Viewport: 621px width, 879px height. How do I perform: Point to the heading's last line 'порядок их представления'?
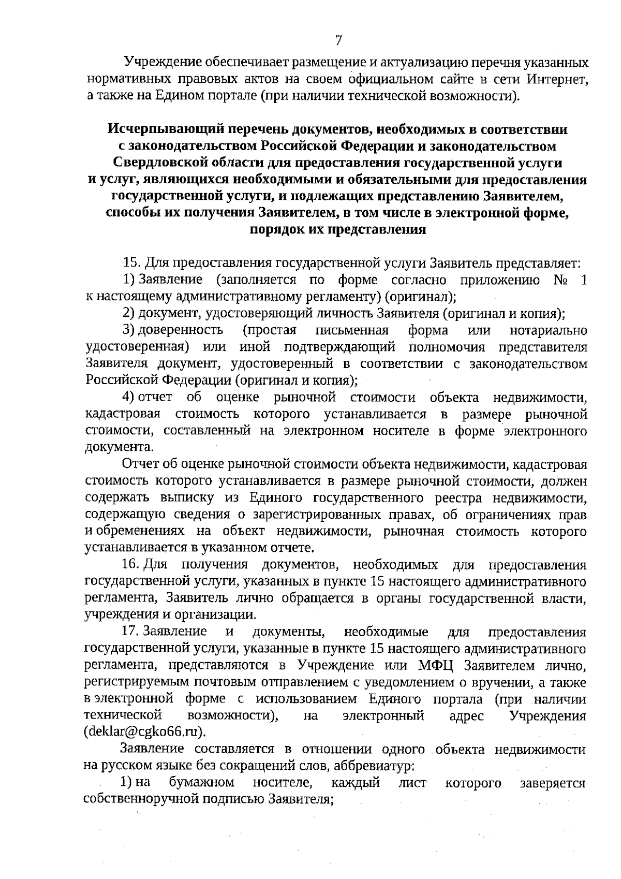click(x=337, y=230)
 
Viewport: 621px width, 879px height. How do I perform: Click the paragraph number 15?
click(x=129, y=263)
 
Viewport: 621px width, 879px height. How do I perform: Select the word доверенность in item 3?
click(x=181, y=330)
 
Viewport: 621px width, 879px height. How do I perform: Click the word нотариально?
click(x=549, y=330)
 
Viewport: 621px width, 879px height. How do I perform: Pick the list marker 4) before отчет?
click(x=129, y=398)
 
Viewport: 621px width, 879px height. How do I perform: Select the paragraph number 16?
click(x=130, y=564)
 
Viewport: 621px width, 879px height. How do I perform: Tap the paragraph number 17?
click(x=129, y=632)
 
